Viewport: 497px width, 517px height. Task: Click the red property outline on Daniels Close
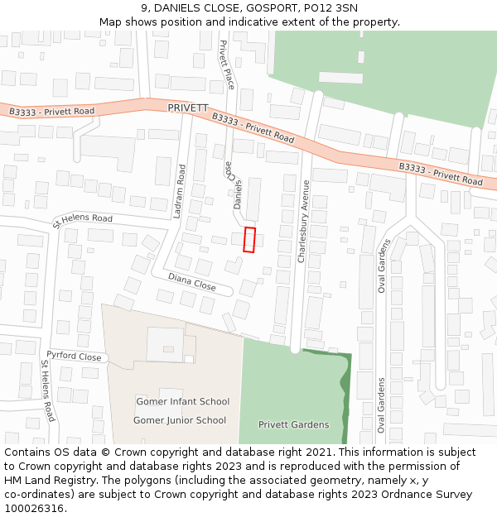click(249, 239)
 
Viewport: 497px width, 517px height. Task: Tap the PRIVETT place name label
click(187, 108)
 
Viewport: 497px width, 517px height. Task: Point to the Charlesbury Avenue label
click(303, 221)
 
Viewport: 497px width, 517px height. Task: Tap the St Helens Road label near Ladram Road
click(82, 220)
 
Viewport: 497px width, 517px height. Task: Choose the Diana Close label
click(191, 282)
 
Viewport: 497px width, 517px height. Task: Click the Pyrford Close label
click(74, 357)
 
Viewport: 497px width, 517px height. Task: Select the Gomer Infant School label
click(182, 402)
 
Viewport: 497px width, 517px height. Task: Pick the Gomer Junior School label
click(180, 420)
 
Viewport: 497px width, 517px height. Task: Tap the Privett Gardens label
click(293, 425)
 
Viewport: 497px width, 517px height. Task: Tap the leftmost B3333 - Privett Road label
click(52, 111)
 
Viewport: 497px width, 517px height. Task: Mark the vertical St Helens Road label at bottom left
click(48, 390)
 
